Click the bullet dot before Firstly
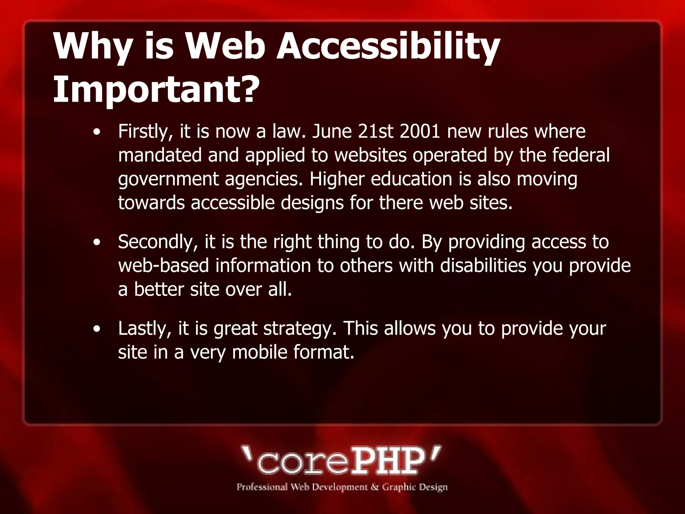97,132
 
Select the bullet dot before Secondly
97,243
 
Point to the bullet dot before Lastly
97,329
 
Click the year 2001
419,132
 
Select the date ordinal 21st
375,132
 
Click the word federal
581,155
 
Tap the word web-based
164,265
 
